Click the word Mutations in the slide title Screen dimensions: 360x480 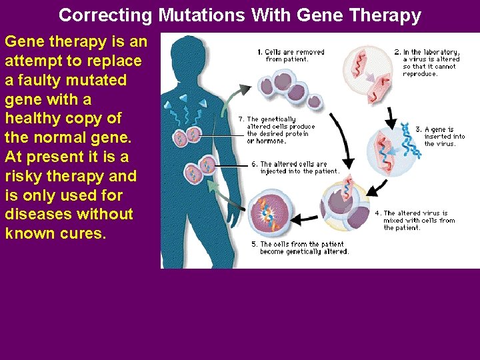pyautogui.click(x=193, y=15)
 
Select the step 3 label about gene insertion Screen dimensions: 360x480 pyautogui.click(x=445, y=136)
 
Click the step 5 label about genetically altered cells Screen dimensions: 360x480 pyautogui.click(x=299, y=247)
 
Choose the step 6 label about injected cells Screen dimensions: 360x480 pyautogui.click(x=295, y=167)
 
